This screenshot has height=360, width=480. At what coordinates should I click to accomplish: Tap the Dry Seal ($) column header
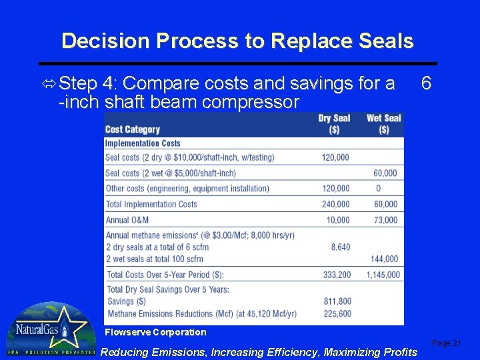[x=334, y=123]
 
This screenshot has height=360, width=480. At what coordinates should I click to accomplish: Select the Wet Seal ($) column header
[x=383, y=123]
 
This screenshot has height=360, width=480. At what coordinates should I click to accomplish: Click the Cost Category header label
[x=133, y=129]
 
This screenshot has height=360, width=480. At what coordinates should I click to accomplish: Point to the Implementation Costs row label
[x=143, y=143]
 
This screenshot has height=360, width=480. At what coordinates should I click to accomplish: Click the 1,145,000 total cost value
[x=383, y=274]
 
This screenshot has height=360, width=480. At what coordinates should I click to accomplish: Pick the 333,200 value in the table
[x=335, y=274]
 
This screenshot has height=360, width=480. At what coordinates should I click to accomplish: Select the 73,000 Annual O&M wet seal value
[x=385, y=220]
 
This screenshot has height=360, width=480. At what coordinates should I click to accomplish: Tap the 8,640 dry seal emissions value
[x=340, y=247]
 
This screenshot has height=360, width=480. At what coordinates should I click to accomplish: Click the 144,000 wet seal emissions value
[x=383, y=259]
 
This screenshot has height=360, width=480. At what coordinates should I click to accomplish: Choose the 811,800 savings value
[x=335, y=301]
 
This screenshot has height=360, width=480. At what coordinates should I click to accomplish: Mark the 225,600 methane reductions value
[x=335, y=313]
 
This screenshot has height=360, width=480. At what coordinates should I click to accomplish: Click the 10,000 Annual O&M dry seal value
[x=338, y=220]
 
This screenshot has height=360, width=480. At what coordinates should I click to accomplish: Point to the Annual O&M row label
[x=127, y=220]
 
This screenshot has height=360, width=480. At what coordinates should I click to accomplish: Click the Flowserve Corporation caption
[x=155, y=332]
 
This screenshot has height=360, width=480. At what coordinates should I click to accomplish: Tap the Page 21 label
[x=446, y=343]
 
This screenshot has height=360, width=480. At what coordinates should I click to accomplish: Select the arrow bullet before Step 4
[x=49, y=84]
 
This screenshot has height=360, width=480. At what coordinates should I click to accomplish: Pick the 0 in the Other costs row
[x=379, y=189]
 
